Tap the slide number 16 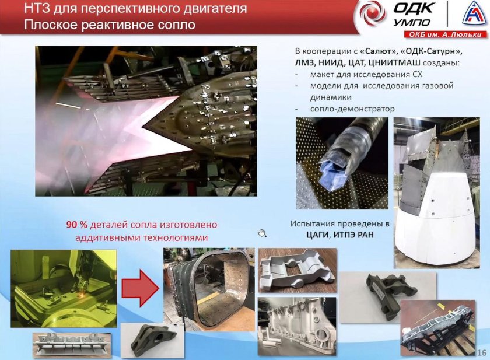click(482, 352)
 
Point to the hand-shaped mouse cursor click(262, 233)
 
